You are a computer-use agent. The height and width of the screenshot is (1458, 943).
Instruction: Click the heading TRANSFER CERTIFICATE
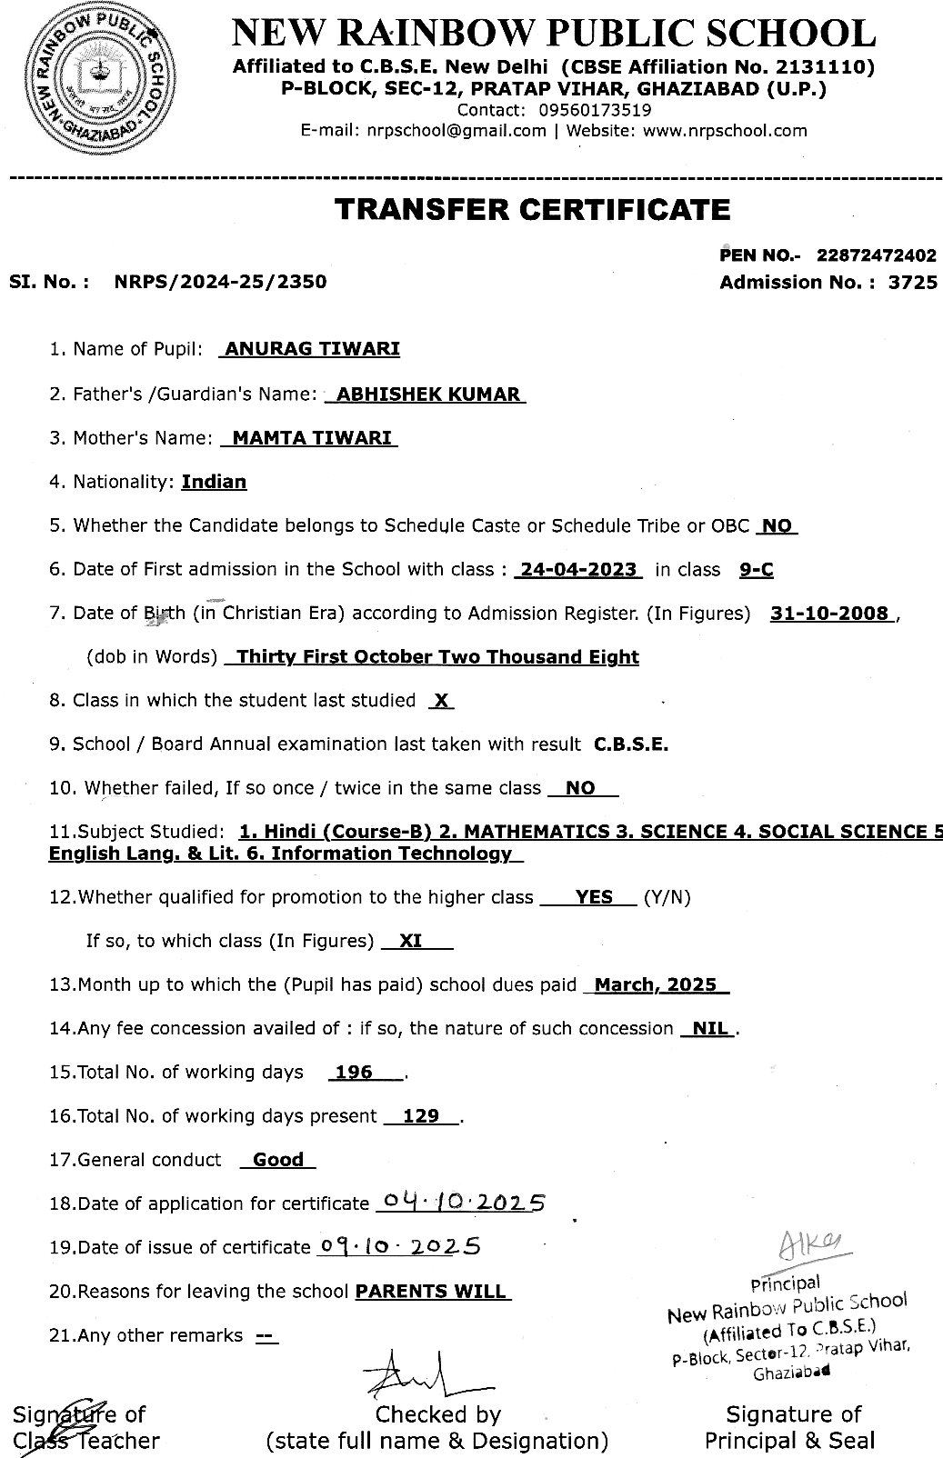(x=532, y=210)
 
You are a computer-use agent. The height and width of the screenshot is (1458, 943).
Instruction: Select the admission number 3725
(x=913, y=282)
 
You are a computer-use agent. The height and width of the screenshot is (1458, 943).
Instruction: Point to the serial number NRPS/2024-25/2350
(x=220, y=282)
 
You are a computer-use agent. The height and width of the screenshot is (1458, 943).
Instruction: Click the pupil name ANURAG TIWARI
(x=311, y=348)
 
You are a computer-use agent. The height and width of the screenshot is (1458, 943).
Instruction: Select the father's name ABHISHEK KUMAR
(x=427, y=394)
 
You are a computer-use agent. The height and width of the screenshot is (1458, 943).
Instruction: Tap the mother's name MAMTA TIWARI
(x=312, y=438)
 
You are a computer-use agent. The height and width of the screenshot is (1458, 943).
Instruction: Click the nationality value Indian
(x=214, y=482)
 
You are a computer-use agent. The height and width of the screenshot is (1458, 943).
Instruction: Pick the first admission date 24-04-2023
(x=578, y=570)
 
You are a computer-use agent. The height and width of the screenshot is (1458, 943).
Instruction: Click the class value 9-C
(x=757, y=570)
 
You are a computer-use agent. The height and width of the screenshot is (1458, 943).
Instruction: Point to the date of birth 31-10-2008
(x=829, y=614)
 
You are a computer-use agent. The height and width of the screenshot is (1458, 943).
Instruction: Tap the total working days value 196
(x=354, y=1073)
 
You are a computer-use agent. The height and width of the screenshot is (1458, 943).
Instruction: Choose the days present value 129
(x=421, y=1116)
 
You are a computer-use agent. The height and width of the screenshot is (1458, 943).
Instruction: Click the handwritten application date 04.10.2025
(x=459, y=1203)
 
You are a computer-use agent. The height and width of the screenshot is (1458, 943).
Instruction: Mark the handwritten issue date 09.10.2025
(x=398, y=1246)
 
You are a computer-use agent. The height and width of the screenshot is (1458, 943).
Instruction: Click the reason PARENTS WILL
(x=431, y=1292)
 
